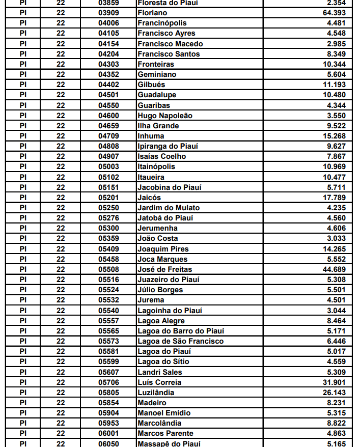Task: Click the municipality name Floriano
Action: click(x=152, y=13)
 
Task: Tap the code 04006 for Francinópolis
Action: click(x=108, y=23)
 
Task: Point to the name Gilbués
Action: click(x=151, y=85)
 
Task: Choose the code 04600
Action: click(x=108, y=116)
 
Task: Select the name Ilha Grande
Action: click(x=158, y=126)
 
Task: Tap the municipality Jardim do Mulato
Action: click(x=168, y=208)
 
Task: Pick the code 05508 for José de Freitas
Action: click(x=108, y=269)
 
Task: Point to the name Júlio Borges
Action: click(x=160, y=290)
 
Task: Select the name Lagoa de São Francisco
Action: click(x=180, y=341)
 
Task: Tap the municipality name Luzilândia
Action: click(x=156, y=393)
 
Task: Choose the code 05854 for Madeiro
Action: click(x=108, y=403)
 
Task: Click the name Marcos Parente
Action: click(x=165, y=433)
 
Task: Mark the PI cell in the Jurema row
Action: click(x=23, y=300)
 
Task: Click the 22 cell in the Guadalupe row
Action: click(x=61, y=95)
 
